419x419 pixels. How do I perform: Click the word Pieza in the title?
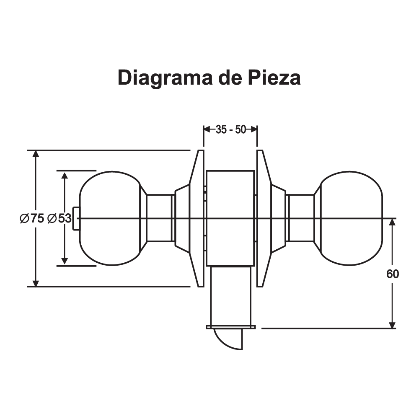click(x=274, y=78)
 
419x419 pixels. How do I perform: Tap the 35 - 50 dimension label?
click(x=230, y=129)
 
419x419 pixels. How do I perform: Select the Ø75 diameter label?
click(x=32, y=218)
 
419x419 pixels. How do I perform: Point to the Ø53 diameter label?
click(x=59, y=218)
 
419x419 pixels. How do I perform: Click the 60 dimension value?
click(x=393, y=274)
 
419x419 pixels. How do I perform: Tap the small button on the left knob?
click(x=76, y=218)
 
